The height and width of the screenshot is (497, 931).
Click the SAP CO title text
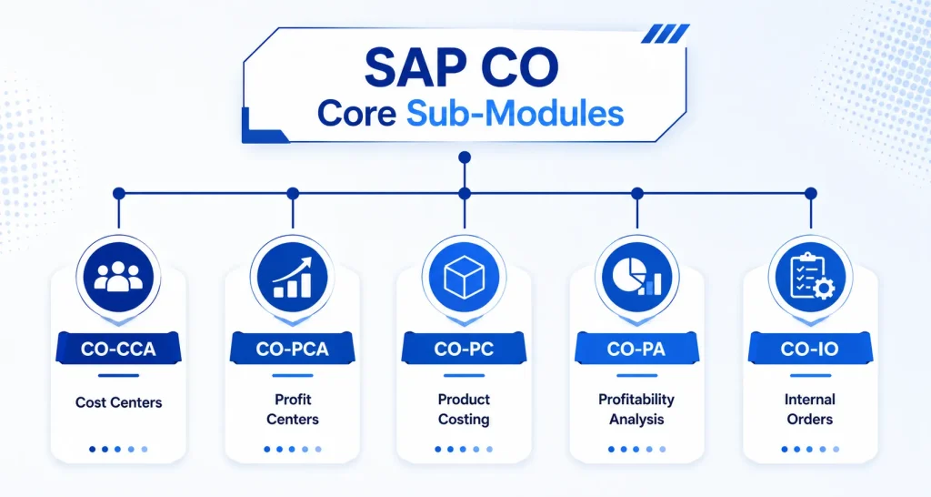(x=461, y=67)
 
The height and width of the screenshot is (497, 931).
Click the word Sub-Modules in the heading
(x=515, y=113)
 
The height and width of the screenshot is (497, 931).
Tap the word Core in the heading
(x=356, y=114)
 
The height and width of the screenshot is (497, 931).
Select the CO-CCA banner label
(x=118, y=349)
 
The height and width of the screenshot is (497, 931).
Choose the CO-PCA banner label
(x=292, y=349)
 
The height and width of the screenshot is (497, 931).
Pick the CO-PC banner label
(x=464, y=349)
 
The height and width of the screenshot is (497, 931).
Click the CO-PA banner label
(x=636, y=349)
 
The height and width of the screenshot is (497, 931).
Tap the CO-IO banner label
(x=809, y=349)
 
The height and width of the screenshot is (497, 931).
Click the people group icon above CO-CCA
(x=119, y=277)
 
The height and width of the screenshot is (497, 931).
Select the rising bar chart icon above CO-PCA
(x=292, y=277)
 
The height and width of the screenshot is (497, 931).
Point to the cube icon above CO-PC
(x=465, y=277)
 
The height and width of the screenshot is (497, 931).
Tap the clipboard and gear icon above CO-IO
(x=810, y=277)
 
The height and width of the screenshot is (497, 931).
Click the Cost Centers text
(x=119, y=402)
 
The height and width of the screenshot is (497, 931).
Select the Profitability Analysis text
(x=636, y=409)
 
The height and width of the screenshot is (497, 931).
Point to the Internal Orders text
(x=810, y=409)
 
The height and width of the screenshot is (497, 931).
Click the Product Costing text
(x=464, y=409)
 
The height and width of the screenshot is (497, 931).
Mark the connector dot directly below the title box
(x=465, y=157)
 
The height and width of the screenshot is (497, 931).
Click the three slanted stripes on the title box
(x=666, y=34)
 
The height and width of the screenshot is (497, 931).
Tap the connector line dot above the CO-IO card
(x=811, y=193)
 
